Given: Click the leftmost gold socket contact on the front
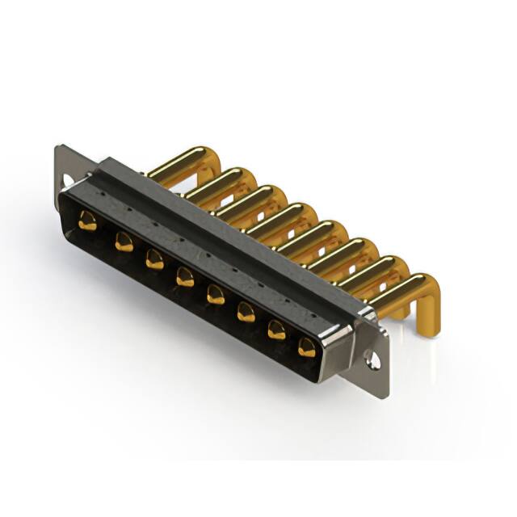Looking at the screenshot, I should tap(87, 221).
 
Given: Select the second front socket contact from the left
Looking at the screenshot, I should tap(124, 241).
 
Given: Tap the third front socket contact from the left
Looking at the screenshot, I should tap(153, 258).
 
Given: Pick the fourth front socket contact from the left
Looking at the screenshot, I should tap(185, 276).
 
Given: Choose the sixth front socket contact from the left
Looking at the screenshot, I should tap(246, 311).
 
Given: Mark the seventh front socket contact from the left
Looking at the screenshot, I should tap(276, 329).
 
